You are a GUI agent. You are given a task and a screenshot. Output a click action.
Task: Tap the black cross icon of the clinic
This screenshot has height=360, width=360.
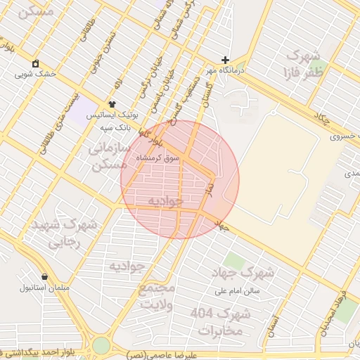click(x=225, y=60)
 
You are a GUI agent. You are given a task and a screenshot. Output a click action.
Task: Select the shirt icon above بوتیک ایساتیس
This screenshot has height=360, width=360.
click(x=112, y=104)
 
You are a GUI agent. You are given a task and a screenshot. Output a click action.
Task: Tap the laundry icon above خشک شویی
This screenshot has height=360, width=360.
click(x=35, y=63)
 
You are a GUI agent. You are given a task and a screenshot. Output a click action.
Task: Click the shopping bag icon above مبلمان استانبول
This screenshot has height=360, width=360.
click(x=45, y=277)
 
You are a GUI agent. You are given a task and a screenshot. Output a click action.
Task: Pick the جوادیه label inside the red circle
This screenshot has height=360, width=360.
click(x=165, y=202)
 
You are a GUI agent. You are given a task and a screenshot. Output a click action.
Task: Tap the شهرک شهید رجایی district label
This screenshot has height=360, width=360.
click(x=63, y=234)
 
